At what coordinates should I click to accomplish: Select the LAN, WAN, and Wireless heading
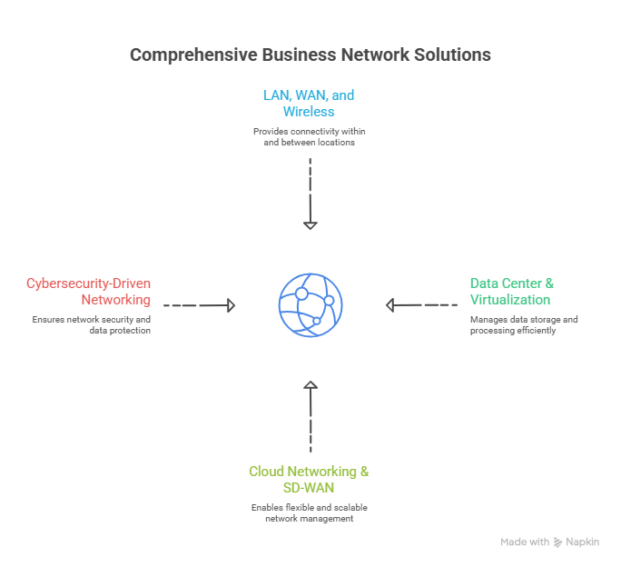pyautogui.click(x=309, y=103)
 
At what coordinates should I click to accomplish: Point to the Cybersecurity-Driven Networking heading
pyautogui.click(x=88, y=292)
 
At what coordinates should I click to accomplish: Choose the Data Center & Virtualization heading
pyautogui.click(x=511, y=292)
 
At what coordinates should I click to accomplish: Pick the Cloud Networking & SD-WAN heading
pyautogui.click(x=309, y=480)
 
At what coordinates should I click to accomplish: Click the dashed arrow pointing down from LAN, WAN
pyautogui.click(x=310, y=194)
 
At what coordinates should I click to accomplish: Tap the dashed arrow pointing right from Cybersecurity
pyautogui.click(x=199, y=306)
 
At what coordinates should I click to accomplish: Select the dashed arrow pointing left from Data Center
pyautogui.click(x=421, y=305)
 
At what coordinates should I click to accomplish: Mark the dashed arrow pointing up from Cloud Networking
pyautogui.click(x=310, y=416)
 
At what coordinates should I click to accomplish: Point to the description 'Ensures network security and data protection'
pyautogui.click(x=91, y=325)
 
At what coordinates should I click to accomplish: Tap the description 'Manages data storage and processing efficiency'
pyautogui.click(x=523, y=325)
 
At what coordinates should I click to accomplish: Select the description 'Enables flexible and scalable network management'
pyautogui.click(x=309, y=512)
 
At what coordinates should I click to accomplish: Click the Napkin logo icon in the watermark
pyautogui.click(x=558, y=542)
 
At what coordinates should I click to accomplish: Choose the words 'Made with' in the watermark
pyautogui.click(x=524, y=542)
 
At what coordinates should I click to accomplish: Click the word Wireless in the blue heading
pyautogui.click(x=309, y=112)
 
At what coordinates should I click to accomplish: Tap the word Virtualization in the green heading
pyautogui.click(x=509, y=300)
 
